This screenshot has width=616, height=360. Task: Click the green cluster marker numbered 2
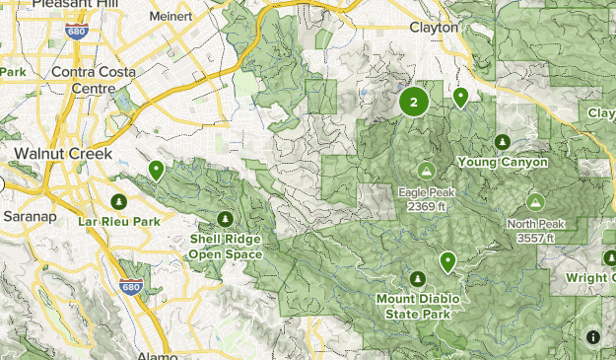point(414,101)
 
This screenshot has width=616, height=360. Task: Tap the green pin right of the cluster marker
point(460,97)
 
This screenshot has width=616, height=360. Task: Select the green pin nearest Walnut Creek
point(156,171)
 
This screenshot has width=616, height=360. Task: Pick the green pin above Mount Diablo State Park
point(448,261)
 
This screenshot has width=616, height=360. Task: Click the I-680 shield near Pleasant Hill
point(75,32)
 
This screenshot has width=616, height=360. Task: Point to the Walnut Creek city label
point(62,154)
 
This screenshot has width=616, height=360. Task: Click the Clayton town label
point(434,28)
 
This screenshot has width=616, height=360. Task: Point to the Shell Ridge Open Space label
point(226,247)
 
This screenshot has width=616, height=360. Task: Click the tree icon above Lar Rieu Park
point(119,202)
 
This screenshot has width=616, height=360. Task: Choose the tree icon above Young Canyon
point(504,141)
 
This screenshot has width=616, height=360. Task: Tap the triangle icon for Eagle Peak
point(426,169)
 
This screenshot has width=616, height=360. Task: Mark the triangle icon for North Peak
point(535,200)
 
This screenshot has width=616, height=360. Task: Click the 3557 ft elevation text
point(535,238)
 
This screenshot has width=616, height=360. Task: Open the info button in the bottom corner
point(593,337)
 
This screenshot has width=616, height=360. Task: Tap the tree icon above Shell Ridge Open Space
point(226,218)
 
